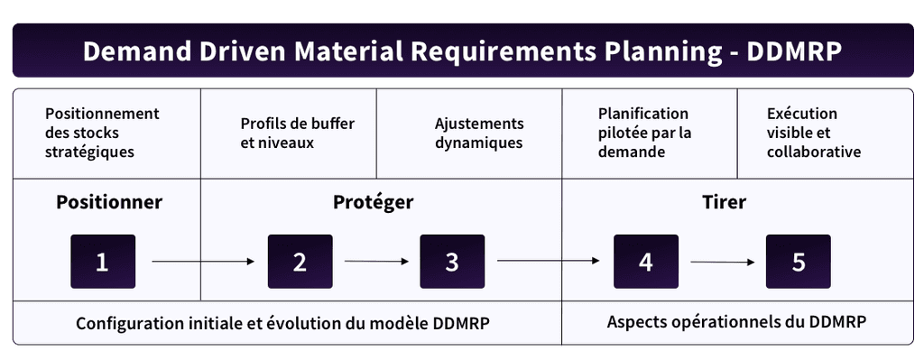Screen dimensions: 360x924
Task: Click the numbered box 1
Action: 103,262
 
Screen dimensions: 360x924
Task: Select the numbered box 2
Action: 300,262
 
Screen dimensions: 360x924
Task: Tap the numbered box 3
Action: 452,262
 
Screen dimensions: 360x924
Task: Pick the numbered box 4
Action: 645,262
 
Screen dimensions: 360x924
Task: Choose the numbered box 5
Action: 799,262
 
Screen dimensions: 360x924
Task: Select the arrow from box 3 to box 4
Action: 549,263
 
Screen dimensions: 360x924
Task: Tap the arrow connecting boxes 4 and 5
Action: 723,263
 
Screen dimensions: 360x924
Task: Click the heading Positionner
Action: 109,202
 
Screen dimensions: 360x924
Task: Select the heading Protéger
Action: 373,202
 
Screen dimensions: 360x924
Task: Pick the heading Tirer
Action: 724,202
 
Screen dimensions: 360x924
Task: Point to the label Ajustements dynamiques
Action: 478,134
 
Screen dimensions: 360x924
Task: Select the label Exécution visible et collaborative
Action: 813,133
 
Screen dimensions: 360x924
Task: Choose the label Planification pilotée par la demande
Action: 645,133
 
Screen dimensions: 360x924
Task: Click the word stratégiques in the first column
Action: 88,152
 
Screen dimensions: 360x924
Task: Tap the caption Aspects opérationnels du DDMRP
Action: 742,322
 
